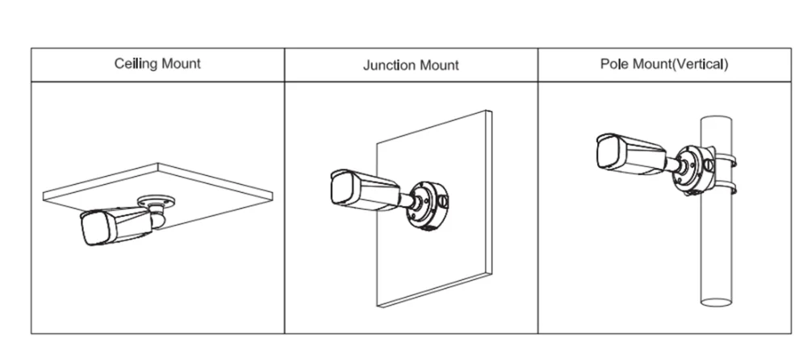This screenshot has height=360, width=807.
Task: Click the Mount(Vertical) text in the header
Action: (680, 65)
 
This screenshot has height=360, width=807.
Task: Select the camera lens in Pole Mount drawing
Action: (608, 152)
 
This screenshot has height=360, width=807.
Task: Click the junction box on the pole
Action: (694, 170)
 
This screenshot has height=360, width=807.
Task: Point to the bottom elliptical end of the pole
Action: (716, 302)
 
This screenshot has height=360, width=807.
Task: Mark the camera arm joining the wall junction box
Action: (408, 200)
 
